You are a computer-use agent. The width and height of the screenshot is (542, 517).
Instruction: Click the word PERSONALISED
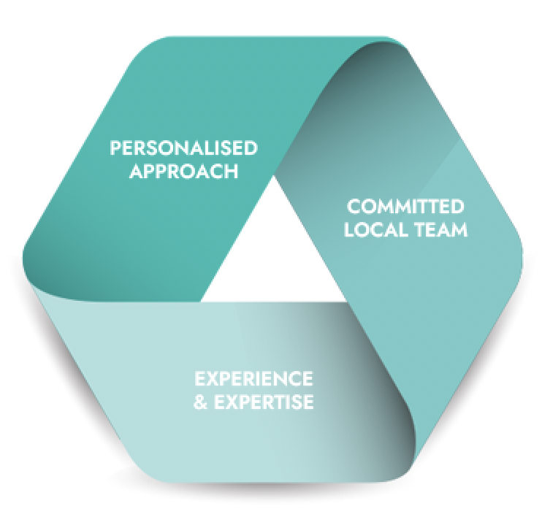click(x=183, y=148)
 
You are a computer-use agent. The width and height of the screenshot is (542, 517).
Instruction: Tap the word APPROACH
click(x=183, y=172)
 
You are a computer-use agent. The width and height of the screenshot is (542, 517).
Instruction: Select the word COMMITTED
click(x=405, y=207)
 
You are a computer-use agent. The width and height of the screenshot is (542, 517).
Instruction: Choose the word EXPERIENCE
click(x=253, y=379)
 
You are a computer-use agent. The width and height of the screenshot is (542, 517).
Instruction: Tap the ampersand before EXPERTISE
click(x=200, y=402)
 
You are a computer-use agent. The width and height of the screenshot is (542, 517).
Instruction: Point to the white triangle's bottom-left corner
click(x=202, y=300)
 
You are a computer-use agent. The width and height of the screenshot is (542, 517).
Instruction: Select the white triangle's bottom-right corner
click(x=346, y=300)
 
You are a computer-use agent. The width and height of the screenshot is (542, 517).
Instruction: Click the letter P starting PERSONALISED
click(x=115, y=148)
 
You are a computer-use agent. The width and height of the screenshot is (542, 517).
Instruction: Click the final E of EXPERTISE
click(x=309, y=402)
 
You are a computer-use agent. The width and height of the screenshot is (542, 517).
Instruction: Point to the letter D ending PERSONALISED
click(x=251, y=148)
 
